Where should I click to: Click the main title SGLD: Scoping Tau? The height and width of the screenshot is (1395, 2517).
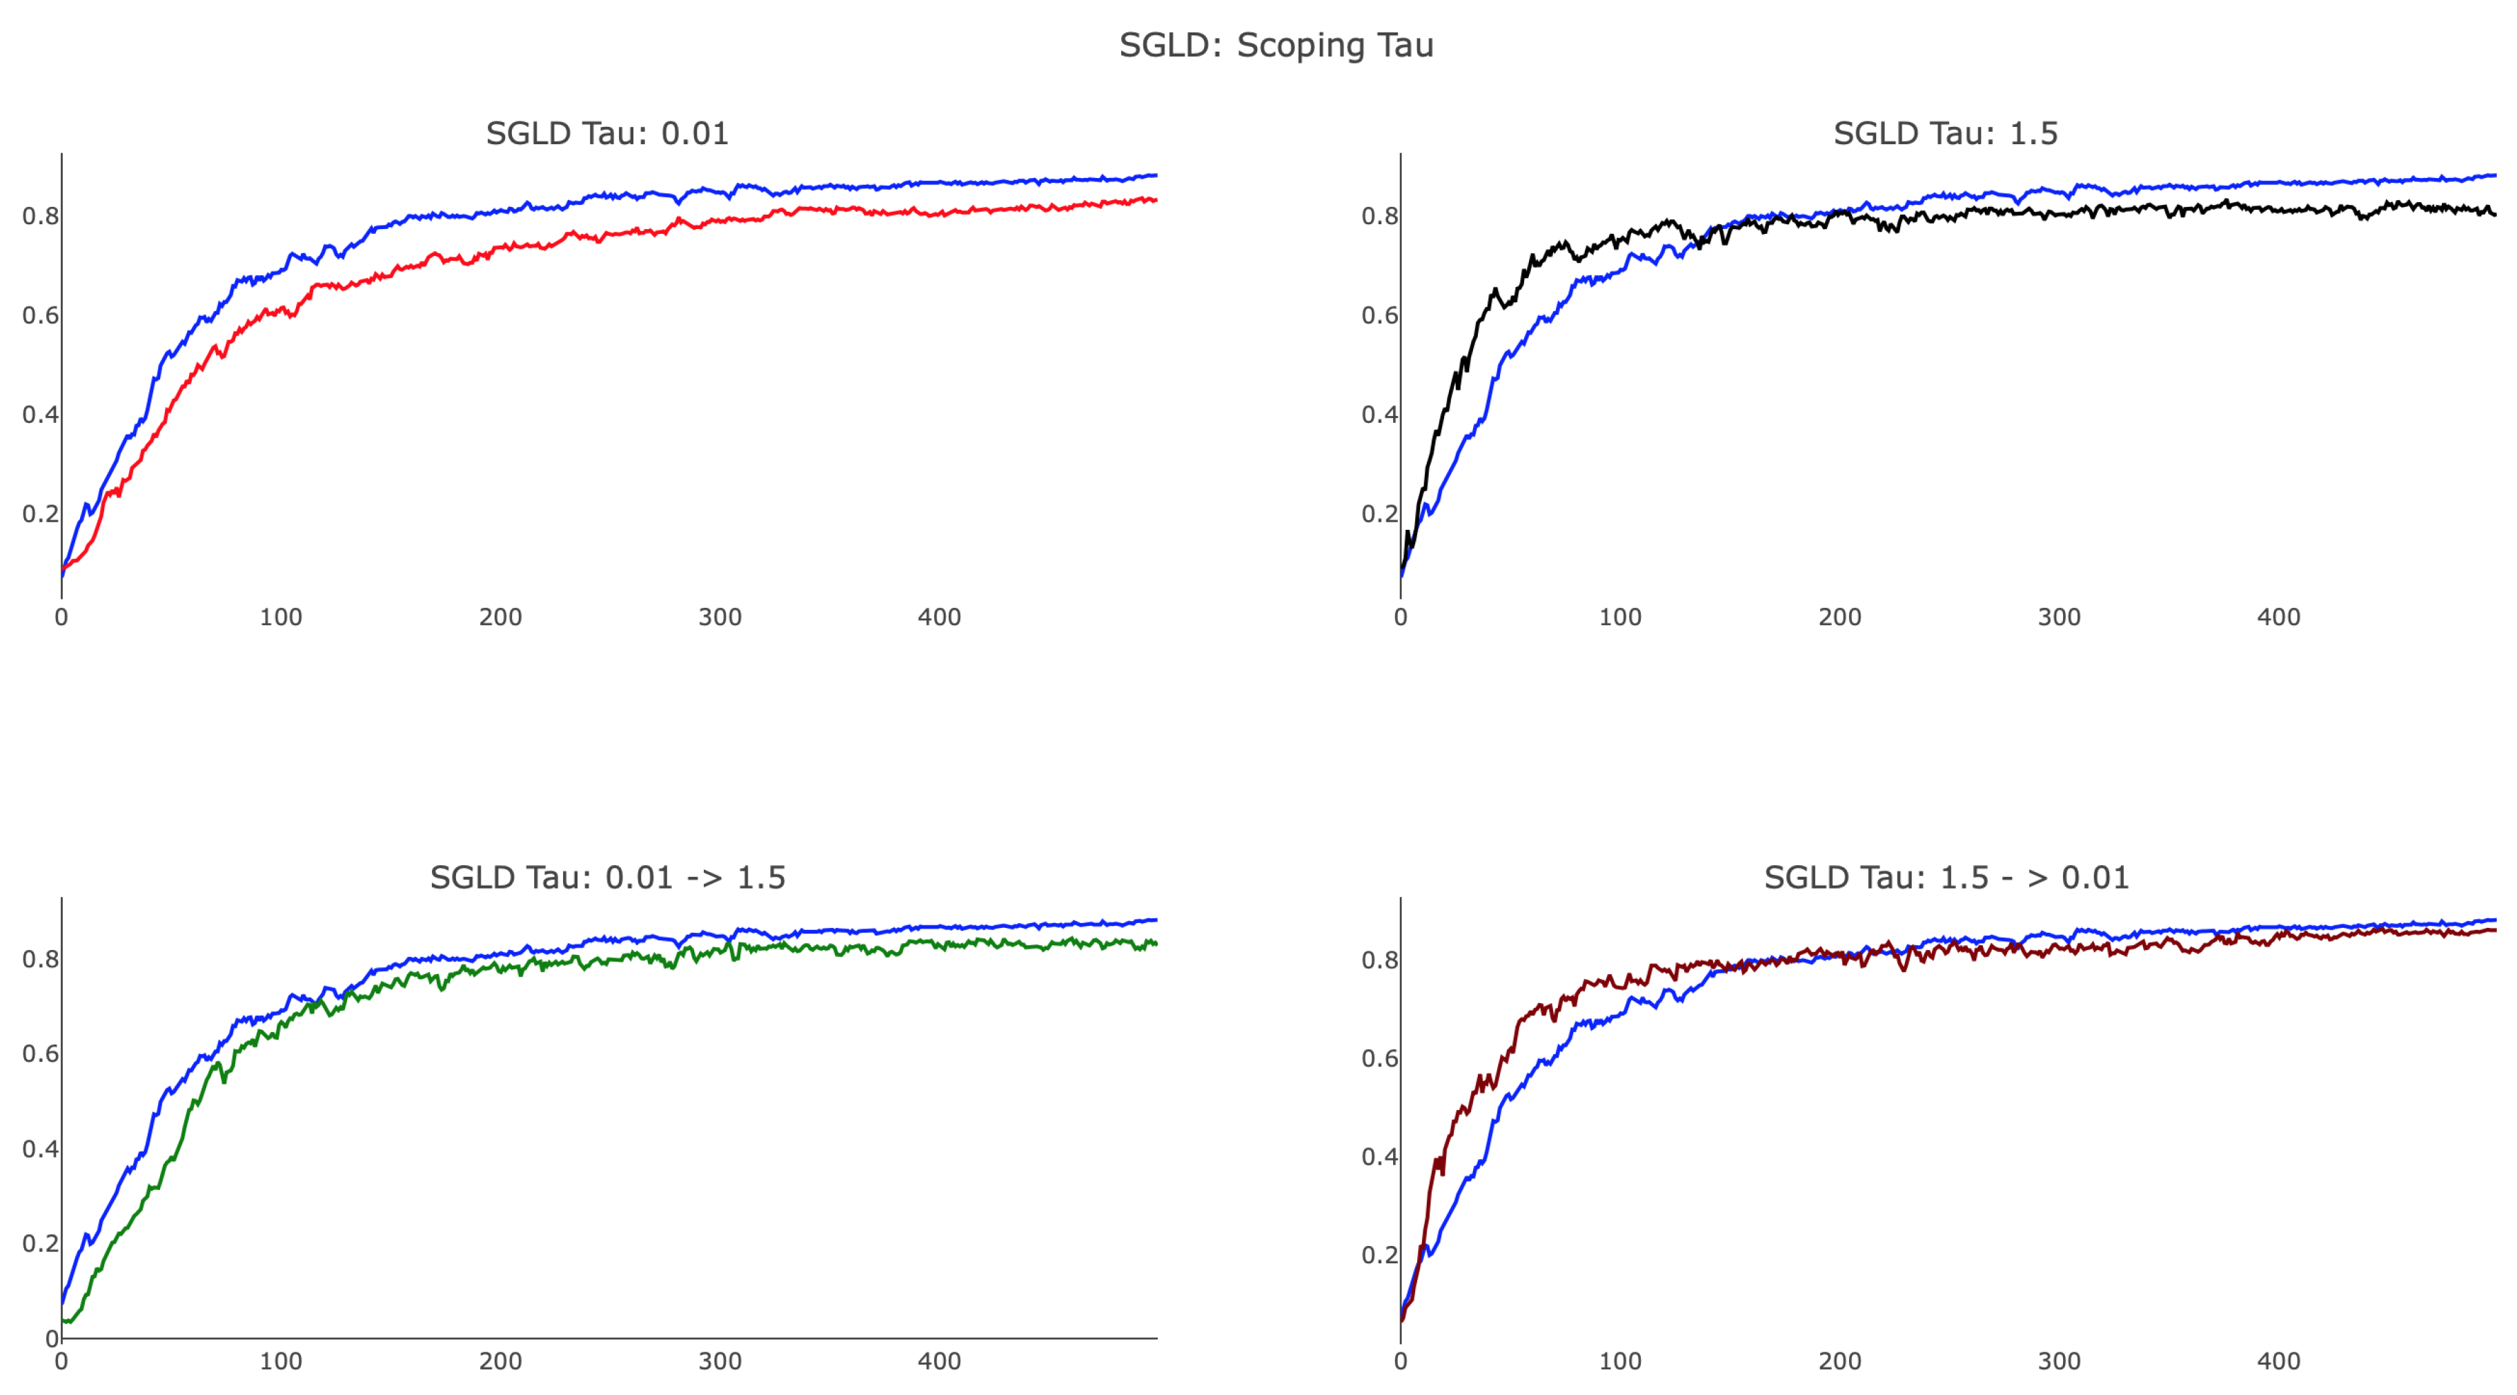point(1276,45)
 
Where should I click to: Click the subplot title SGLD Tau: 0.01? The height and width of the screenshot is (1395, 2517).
point(606,133)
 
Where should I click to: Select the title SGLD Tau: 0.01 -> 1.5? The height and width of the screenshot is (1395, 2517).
point(606,878)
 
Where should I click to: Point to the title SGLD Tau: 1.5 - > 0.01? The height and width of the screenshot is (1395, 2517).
point(1946,878)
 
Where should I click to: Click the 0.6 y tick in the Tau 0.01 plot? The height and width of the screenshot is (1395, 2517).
point(40,315)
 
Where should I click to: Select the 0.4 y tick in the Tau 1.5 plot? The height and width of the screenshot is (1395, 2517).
point(1379,414)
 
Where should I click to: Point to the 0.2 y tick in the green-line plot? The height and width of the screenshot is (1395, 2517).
point(40,1244)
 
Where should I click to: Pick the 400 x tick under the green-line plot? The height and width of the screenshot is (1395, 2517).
point(938,1361)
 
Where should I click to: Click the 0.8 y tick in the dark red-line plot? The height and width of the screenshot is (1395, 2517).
point(1379,960)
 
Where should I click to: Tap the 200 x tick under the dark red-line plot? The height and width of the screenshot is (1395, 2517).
point(1839,1361)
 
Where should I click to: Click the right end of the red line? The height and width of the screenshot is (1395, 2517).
point(1156,200)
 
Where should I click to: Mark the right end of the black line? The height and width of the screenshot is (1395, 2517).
point(2494,214)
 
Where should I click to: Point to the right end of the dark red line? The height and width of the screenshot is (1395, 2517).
point(2494,930)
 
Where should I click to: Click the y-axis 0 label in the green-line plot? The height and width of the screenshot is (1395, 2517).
point(51,1339)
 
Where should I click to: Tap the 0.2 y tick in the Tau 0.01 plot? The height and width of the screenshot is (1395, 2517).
point(40,514)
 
